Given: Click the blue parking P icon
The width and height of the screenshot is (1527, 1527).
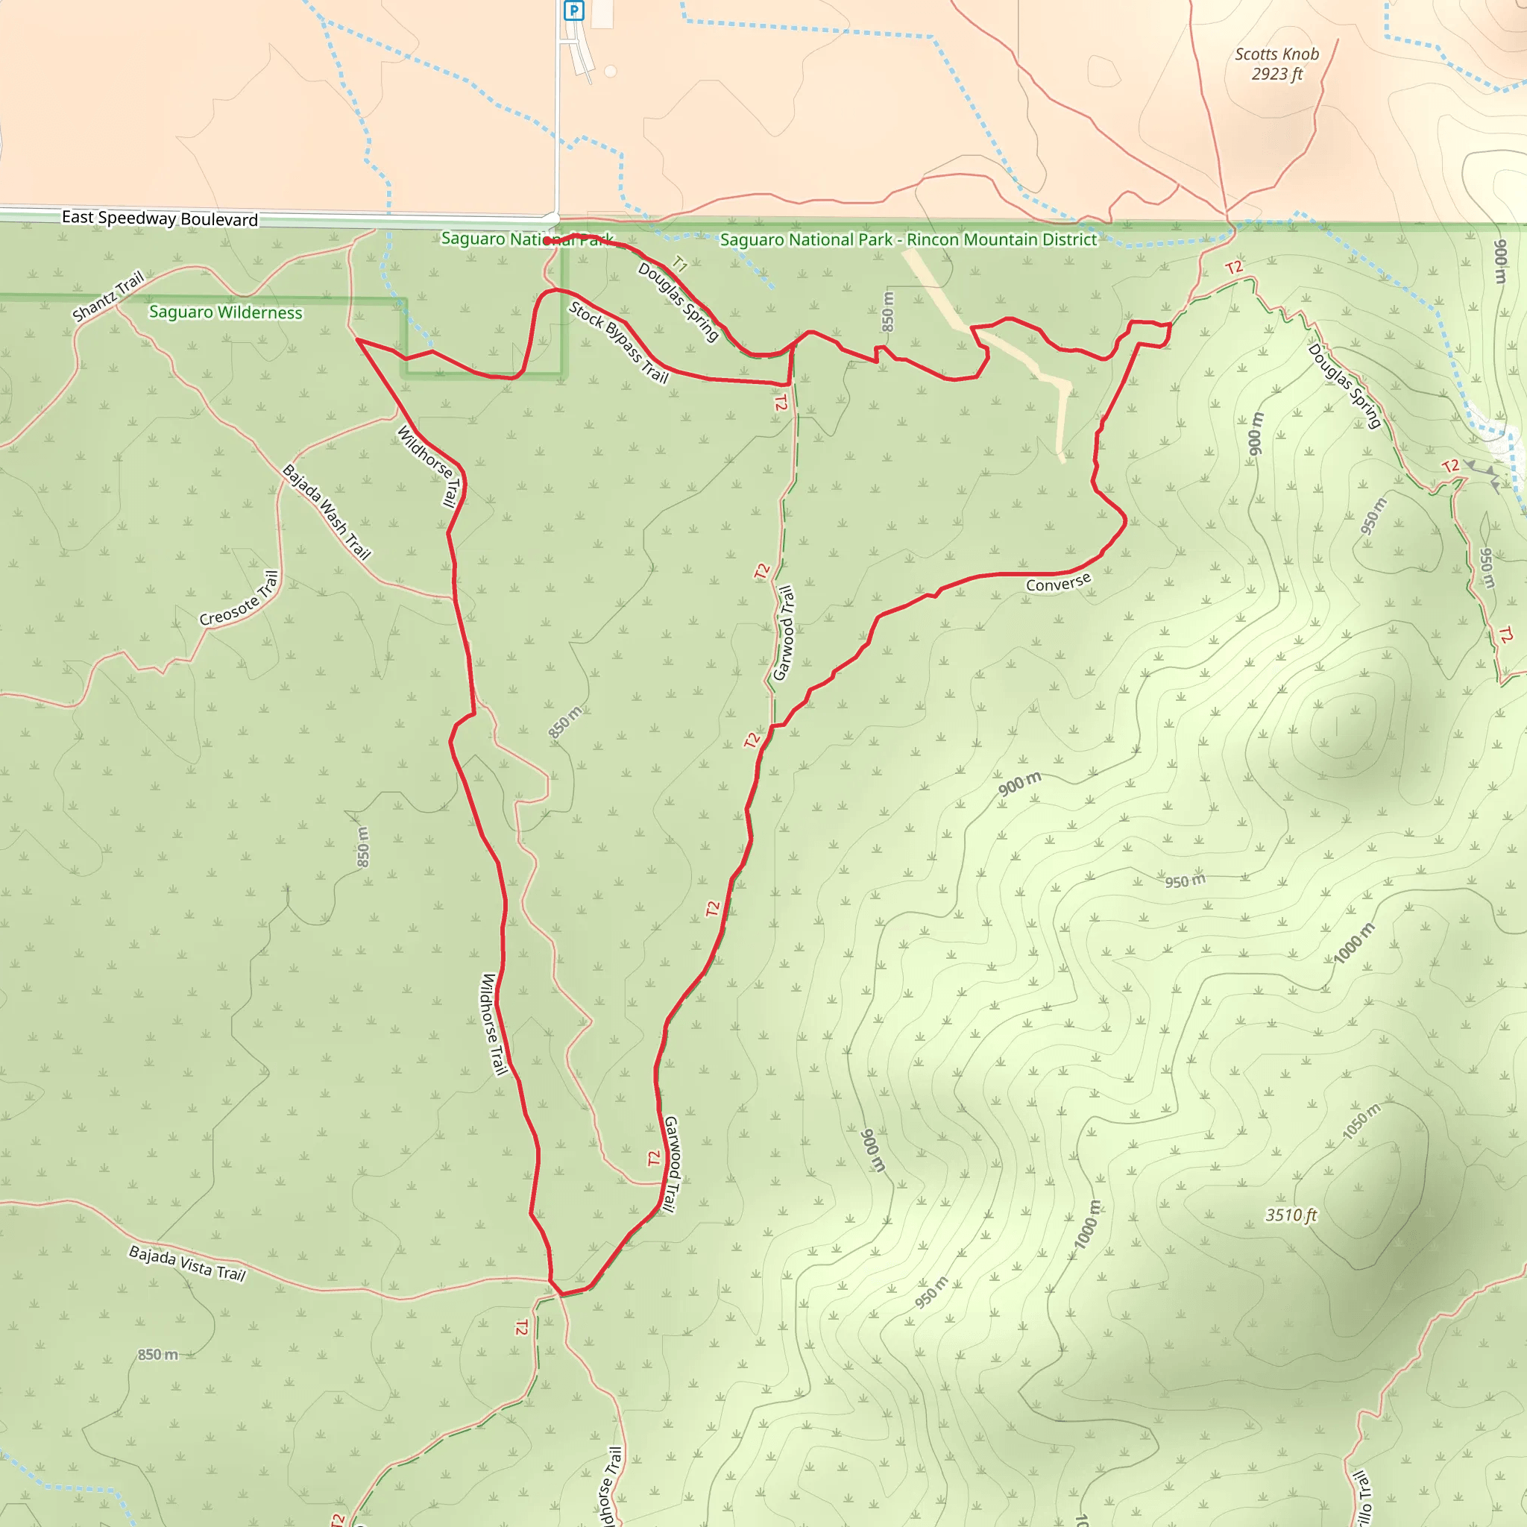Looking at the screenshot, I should (574, 11).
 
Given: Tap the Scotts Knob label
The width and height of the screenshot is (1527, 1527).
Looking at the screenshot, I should (1276, 54).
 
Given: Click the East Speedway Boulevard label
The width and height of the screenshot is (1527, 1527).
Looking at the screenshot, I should (160, 218).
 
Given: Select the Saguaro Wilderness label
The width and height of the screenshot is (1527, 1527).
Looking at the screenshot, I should (225, 312).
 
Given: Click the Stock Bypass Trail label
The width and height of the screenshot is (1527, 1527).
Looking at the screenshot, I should (619, 342).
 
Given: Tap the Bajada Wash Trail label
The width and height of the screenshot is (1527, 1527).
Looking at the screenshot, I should (327, 511).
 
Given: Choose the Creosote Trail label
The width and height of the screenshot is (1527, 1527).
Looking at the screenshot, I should (239, 598).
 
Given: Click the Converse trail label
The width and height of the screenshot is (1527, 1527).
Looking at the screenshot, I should (1058, 582).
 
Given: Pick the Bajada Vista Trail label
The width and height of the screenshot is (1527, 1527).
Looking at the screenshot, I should (187, 1263).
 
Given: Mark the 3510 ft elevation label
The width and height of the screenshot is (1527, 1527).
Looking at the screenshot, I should (1291, 1215).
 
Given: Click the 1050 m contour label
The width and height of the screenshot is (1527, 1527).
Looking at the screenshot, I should (1361, 1121).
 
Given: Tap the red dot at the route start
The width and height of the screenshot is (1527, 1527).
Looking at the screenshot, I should (547, 240).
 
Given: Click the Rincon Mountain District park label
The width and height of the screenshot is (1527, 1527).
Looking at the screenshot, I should (908, 239).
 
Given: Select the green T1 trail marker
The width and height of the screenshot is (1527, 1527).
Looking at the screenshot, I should (679, 263).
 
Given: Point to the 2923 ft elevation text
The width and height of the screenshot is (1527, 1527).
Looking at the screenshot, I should (1276, 75).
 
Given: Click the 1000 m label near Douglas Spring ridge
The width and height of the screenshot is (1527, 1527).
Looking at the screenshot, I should (1354, 943).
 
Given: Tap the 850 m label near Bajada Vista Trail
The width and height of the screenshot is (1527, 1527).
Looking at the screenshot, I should (158, 1355).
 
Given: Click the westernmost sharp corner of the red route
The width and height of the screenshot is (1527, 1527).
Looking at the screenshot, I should (358, 340).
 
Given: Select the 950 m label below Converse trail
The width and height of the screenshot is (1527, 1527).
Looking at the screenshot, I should (1186, 881).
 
